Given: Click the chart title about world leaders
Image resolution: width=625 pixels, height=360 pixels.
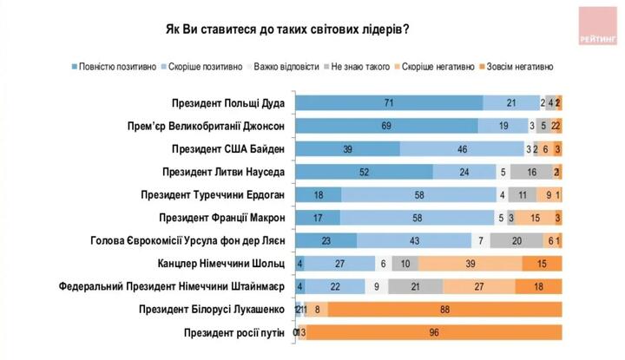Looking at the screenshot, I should click(x=287, y=28).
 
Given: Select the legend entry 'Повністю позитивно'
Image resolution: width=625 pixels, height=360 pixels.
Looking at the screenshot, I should click(x=115, y=66).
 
